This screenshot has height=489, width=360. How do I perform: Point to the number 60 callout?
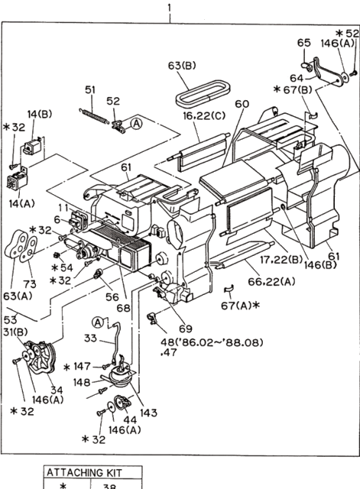242,104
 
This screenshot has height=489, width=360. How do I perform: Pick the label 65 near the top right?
303,42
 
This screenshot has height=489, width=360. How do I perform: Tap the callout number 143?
148,413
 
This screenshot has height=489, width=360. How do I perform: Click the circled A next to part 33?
97,322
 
